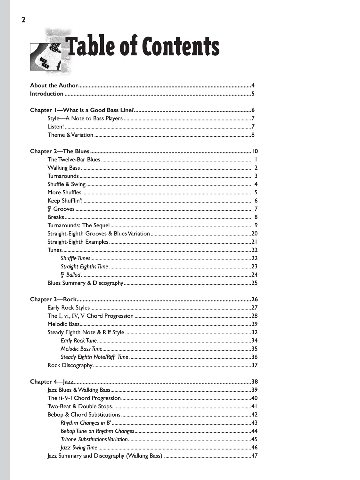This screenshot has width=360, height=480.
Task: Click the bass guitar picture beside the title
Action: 45,56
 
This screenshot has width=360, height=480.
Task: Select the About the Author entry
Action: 54,85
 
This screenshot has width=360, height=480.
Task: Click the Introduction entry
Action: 46,94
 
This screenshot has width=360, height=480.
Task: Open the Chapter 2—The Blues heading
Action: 60,151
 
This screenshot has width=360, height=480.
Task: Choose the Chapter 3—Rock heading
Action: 53,299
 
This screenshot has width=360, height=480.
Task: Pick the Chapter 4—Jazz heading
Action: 52,382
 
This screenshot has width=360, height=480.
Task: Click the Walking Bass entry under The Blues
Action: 63,168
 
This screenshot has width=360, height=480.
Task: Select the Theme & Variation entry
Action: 70,135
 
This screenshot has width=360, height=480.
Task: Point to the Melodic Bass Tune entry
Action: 81,349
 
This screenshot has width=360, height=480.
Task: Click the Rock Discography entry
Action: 70,365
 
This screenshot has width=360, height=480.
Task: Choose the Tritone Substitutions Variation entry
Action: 94,439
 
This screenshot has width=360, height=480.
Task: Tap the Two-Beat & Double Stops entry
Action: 79,406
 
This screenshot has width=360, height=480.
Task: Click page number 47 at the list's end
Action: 254,456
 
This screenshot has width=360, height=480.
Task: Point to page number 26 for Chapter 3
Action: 254,299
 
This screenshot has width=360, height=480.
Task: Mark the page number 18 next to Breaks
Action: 255,217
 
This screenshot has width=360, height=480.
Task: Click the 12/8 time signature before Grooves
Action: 50,209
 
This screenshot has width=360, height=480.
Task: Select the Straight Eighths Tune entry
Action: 85,266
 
